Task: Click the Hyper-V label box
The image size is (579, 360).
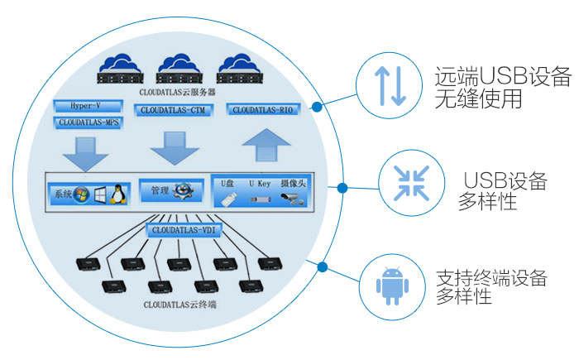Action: pyautogui.click(x=87, y=106)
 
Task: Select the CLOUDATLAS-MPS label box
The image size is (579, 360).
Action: pyautogui.click(x=87, y=122)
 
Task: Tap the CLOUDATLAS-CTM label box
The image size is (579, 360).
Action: pyautogui.click(x=172, y=109)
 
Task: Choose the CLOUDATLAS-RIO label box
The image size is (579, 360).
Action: pyautogui.click(x=262, y=109)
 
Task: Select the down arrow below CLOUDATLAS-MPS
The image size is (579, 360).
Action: pyautogui.click(x=85, y=153)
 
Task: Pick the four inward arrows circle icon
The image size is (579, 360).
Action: pyautogui.click(x=409, y=183)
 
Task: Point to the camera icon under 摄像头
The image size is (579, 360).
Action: pyautogui.click(x=293, y=198)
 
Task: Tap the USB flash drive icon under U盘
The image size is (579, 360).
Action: pyautogui.click(x=230, y=198)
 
